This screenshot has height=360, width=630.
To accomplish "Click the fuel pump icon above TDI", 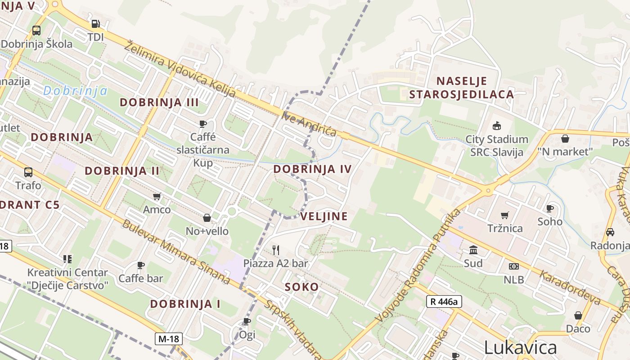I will pyautogui.click(x=95, y=24).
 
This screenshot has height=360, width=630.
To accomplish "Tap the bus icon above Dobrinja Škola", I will pyautogui.click(x=36, y=31).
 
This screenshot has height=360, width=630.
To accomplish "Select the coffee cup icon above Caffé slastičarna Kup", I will pyautogui.click(x=203, y=124).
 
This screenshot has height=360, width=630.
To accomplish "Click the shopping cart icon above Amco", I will pyautogui.click(x=157, y=196).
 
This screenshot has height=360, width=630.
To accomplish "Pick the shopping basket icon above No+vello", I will pyautogui.click(x=207, y=218).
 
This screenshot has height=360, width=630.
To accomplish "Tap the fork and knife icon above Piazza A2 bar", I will pyautogui.click(x=276, y=250).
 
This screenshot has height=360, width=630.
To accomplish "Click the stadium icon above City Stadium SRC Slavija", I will pyautogui.click(x=497, y=126).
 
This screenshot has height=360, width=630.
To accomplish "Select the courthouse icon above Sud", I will pyautogui.click(x=473, y=250).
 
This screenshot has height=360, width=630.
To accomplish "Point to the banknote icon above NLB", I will pyautogui.click(x=513, y=266).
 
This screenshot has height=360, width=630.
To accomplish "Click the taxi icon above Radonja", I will pyautogui.click(x=610, y=232).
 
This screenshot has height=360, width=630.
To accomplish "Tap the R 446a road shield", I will pyautogui.click(x=444, y=301).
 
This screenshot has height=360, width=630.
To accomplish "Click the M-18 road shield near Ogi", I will pyautogui.click(x=169, y=339).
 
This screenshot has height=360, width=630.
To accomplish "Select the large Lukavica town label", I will pyautogui.click(x=520, y=347).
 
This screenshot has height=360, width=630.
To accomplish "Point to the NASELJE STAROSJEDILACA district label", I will pyautogui.click(x=461, y=88).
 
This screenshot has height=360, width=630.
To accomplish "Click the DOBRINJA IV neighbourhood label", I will pyautogui.click(x=312, y=169).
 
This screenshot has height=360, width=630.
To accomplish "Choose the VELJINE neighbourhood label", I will pyautogui.click(x=324, y=216).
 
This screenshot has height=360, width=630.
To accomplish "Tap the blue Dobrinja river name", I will pyautogui.click(x=75, y=91).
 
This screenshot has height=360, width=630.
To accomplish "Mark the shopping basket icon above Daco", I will pyautogui.click(x=578, y=315).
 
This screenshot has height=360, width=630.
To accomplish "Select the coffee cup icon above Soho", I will pyautogui.click(x=549, y=208).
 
